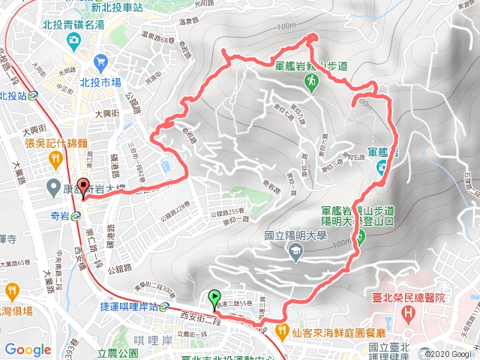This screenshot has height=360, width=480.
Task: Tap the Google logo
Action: [28, 349]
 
